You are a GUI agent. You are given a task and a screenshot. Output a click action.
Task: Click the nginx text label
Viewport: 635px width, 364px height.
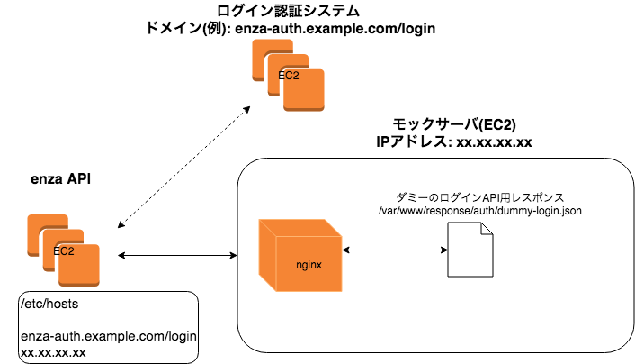coord(309,265)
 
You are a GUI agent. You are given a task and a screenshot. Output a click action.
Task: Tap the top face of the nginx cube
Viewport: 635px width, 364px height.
coord(300,228)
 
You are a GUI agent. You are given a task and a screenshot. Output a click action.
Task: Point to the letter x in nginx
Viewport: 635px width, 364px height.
coord(319,265)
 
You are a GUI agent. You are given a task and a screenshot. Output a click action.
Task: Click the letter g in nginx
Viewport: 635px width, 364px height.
coord(303,266)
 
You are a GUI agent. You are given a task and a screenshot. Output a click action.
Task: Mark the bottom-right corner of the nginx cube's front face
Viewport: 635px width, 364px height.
coord(342,291)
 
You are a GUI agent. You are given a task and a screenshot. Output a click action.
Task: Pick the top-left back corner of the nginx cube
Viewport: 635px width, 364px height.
coord(259,220)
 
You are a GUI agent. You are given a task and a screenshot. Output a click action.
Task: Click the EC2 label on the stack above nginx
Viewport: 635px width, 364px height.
coord(289,76)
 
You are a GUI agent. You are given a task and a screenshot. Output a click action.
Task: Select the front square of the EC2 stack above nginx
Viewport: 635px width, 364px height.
coord(304,92)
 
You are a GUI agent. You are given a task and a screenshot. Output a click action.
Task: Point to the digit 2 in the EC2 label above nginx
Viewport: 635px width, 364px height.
coord(295,76)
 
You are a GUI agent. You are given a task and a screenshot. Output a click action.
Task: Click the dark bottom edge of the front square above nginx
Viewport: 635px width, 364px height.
coord(304,109)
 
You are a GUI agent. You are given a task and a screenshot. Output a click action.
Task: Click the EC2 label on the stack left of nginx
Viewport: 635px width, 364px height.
coord(64,251)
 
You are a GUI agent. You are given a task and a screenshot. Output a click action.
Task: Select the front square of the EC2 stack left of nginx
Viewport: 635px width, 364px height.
coord(79,268)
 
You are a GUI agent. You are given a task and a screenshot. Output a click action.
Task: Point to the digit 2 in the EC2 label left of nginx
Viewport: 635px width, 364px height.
coord(70,251)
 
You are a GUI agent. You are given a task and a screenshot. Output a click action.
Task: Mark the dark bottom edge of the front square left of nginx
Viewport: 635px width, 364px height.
coord(79,285)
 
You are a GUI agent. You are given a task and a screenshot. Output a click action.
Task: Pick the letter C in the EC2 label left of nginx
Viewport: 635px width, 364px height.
coord(63,251)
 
